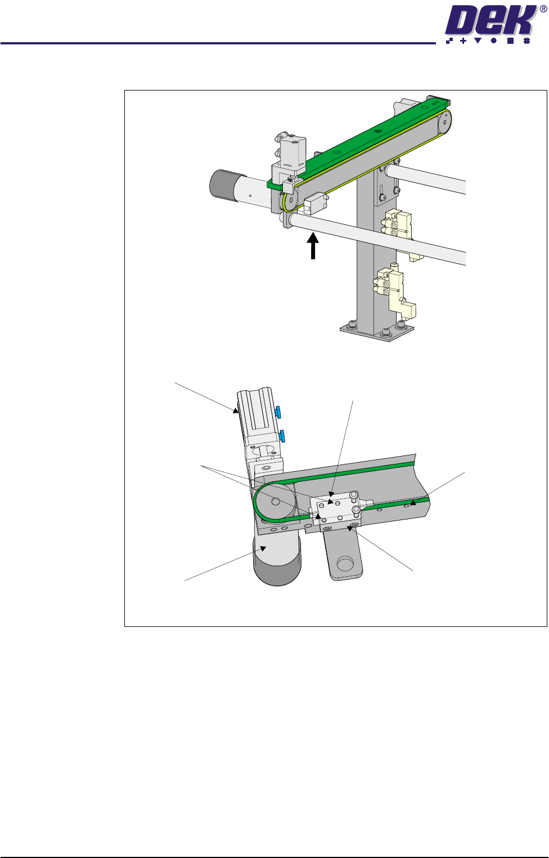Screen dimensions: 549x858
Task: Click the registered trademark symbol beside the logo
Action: tap(543, 9)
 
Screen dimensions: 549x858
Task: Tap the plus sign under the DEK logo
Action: tap(463, 40)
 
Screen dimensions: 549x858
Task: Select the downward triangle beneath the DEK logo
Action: tap(478, 40)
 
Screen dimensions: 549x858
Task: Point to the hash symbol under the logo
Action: tap(526, 40)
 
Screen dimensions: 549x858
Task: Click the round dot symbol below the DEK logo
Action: tap(493, 40)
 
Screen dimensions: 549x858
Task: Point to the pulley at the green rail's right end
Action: tap(444, 123)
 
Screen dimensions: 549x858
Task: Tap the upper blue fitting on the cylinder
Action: tap(278, 412)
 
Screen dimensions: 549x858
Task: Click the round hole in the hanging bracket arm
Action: tap(345, 564)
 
